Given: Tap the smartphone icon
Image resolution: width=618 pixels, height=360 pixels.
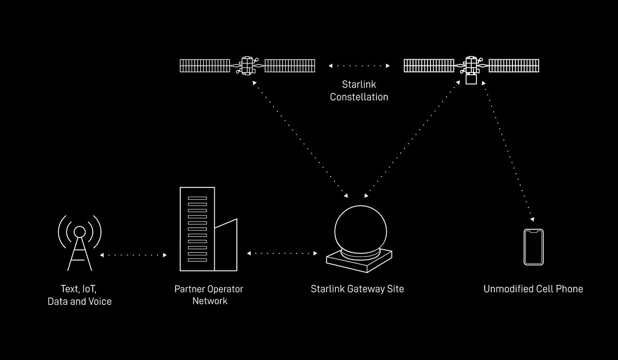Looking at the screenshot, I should (534, 247).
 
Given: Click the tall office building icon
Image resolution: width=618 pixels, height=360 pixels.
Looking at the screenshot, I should (197, 229).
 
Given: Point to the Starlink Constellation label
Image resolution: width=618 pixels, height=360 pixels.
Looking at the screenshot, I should (359, 90).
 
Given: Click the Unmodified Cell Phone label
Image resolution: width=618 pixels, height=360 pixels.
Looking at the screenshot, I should (533, 289).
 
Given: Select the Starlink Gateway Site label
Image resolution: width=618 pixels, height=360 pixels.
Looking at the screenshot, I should (357, 289).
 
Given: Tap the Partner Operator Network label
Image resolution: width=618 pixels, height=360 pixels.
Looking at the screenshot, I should (209, 295).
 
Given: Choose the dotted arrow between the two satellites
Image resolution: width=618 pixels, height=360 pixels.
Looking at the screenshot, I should (359, 66).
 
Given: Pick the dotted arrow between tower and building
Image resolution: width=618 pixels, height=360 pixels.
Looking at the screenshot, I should (133, 255).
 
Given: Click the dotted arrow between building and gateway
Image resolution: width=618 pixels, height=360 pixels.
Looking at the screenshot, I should (282, 253).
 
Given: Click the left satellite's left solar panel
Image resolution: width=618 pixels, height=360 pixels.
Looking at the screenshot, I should (205, 65).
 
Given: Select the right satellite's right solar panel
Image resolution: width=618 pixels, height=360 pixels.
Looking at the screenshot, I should (513, 65).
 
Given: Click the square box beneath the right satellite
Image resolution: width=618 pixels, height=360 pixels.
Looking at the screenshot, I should (470, 80).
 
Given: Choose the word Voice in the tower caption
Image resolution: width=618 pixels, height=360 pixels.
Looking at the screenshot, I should (99, 301).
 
